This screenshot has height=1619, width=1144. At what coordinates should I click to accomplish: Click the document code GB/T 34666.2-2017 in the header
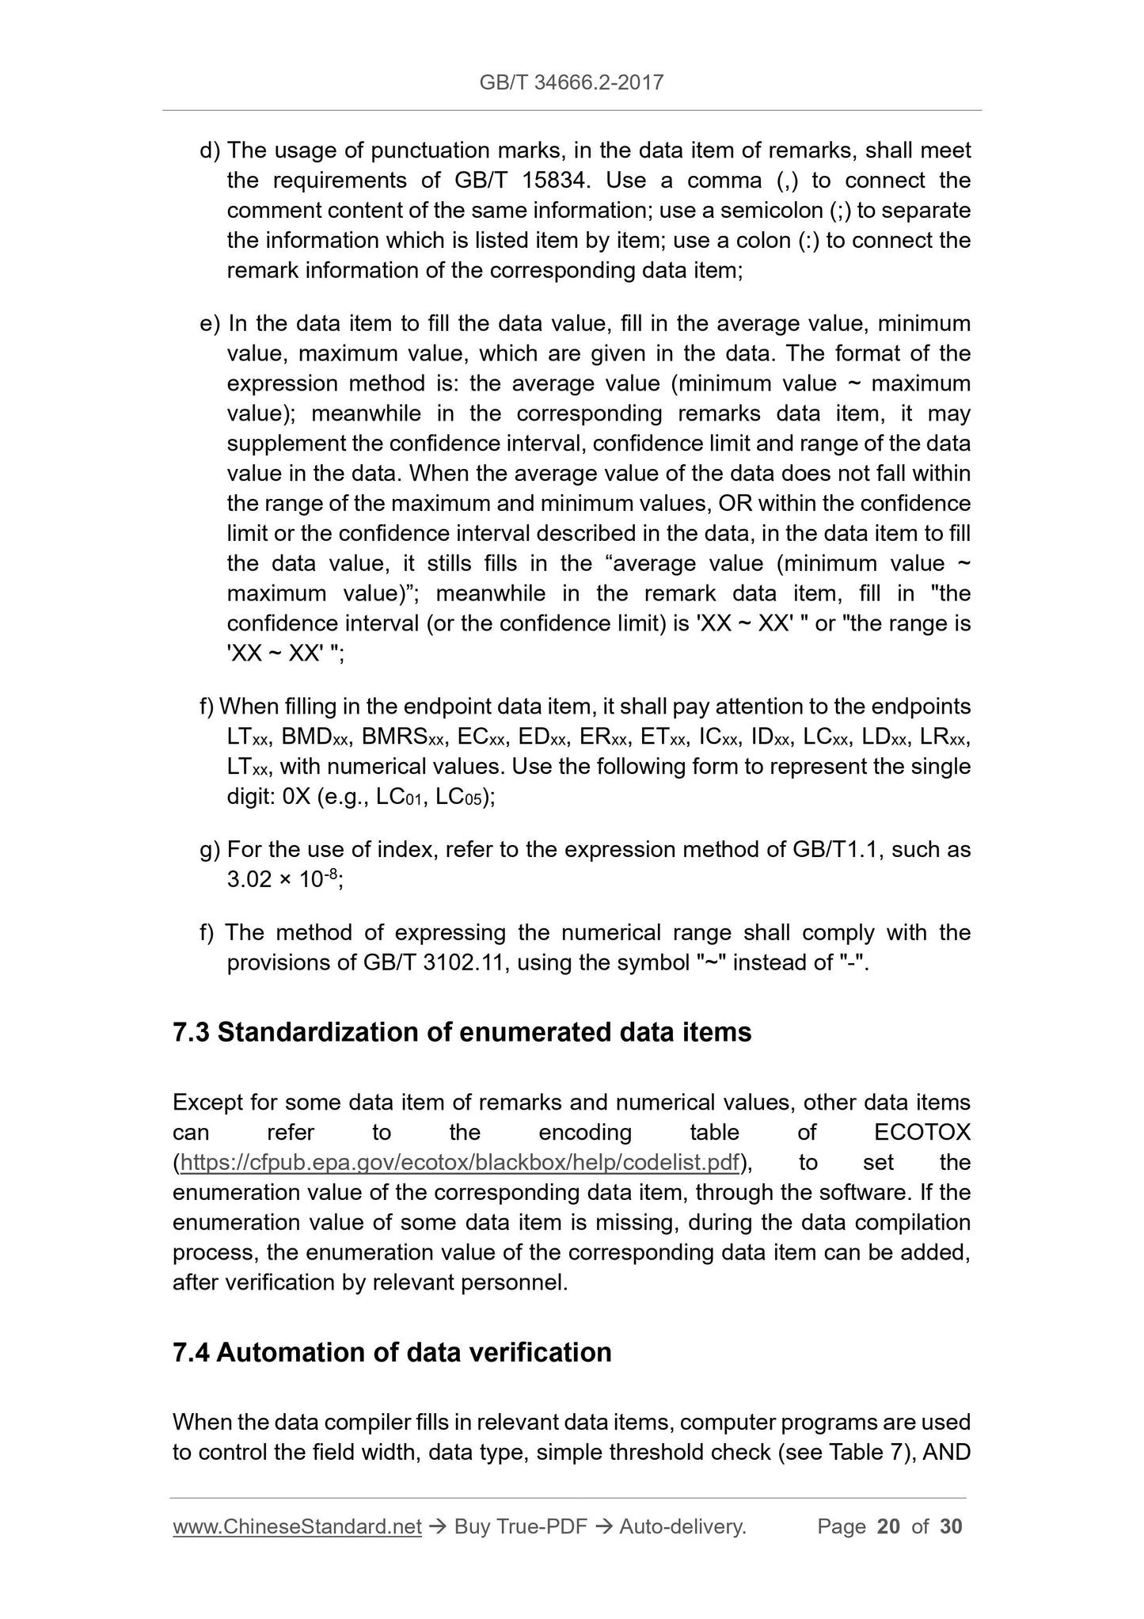click(x=572, y=82)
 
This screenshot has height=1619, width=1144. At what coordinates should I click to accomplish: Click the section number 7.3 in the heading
click(x=191, y=1033)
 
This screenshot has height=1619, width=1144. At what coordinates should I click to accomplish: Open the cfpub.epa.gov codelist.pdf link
click(x=459, y=1163)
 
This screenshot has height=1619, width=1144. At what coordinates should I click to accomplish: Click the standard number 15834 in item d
click(x=555, y=181)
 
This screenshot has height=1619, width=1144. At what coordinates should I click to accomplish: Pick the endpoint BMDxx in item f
click(x=315, y=737)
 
